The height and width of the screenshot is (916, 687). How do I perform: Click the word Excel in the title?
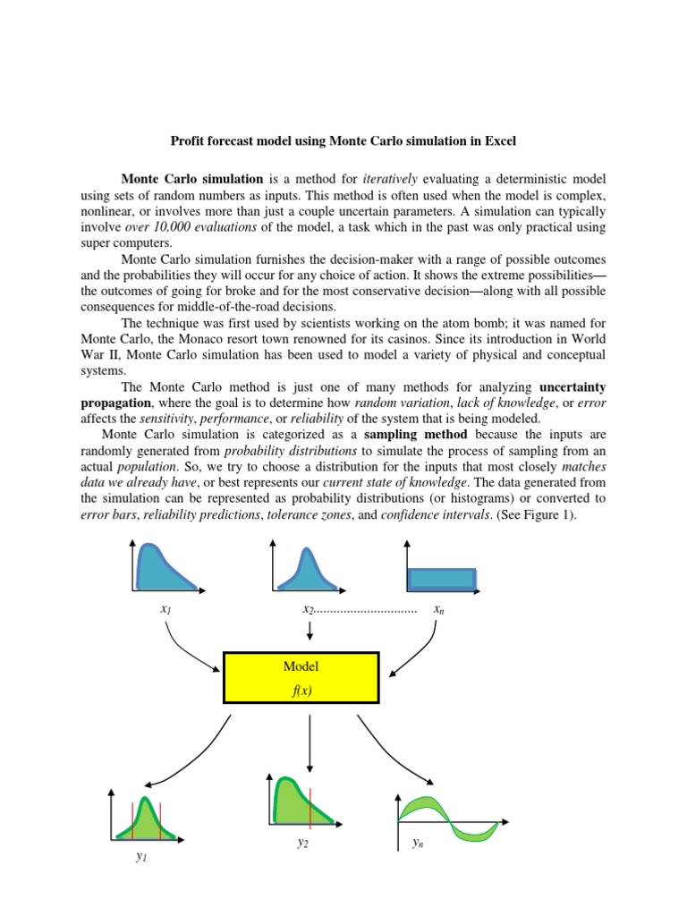(497, 140)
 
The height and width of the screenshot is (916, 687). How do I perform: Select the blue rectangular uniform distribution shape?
(442, 577)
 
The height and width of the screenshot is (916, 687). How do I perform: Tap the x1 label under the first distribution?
(165, 609)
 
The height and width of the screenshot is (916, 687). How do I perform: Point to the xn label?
(439, 609)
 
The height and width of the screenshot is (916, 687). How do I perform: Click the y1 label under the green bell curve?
(140, 856)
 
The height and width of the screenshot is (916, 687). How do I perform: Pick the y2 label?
(303, 842)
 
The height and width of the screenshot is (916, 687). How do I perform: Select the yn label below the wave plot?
(418, 843)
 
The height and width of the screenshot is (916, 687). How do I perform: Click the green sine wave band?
(447, 817)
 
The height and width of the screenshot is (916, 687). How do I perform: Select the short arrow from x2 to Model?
(310, 630)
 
